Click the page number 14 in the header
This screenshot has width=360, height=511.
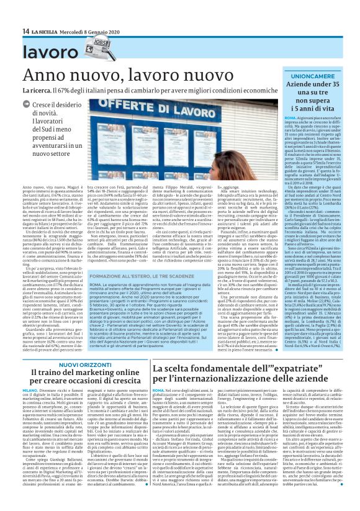pyautogui.click(x=25, y=31)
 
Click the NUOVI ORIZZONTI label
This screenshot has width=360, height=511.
pyautogui.click(x=81, y=365)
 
